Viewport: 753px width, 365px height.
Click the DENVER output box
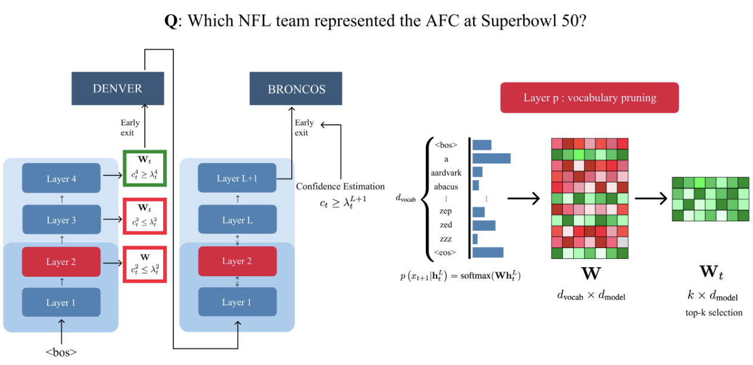tap(117, 89)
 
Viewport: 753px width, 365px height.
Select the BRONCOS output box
tap(296, 89)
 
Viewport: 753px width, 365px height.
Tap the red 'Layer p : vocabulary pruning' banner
tap(589, 98)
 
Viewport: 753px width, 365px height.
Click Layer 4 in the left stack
tap(61, 179)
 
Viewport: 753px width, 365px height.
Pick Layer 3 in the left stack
tap(61, 220)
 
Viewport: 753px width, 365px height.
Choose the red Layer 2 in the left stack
tap(61, 262)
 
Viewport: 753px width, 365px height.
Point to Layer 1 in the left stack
tap(61, 302)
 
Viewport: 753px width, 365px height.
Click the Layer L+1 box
tap(238, 179)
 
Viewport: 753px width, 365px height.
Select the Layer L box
tap(238, 220)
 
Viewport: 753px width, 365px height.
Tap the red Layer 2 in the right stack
tap(238, 261)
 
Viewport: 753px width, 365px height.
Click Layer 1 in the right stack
tap(238, 302)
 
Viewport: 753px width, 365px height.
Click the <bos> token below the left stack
tap(61, 352)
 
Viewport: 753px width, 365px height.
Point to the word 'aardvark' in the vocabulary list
tap(446, 173)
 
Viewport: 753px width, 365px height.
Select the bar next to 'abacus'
tap(475, 185)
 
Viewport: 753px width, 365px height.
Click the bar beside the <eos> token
tap(488, 252)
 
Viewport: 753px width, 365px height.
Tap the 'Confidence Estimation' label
tap(340, 187)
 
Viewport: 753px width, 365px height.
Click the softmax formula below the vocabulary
tap(460, 276)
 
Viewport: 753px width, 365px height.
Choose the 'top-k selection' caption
tap(714, 312)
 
